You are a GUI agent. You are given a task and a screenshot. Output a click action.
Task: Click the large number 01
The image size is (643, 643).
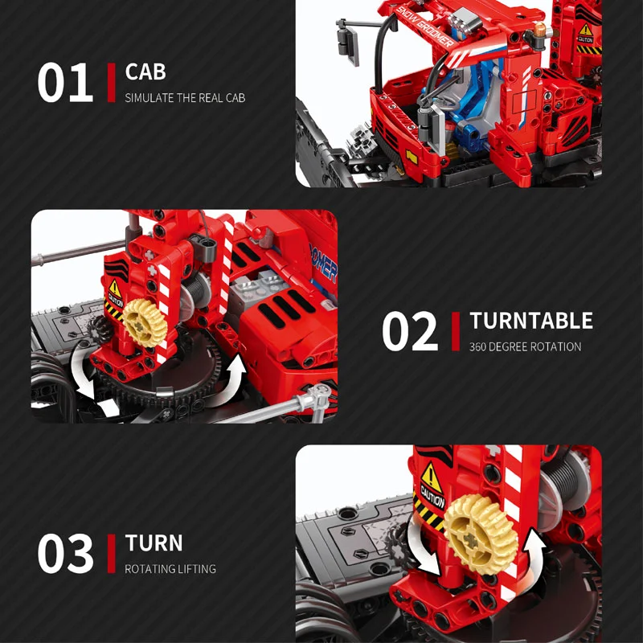[65, 83]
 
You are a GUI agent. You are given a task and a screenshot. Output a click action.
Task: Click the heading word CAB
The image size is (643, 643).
[145, 72]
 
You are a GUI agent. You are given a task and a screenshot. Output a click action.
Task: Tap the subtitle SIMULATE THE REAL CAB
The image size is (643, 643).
[185, 98]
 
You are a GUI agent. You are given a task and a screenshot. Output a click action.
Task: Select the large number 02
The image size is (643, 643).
[410, 331]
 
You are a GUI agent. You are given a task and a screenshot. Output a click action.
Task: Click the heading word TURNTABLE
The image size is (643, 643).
[531, 321]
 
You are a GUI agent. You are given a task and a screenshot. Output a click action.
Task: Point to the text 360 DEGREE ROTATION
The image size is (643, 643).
[525, 347]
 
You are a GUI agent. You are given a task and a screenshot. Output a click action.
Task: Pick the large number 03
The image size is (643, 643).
[65, 553]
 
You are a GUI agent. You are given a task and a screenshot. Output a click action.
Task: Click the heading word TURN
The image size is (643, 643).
[154, 543]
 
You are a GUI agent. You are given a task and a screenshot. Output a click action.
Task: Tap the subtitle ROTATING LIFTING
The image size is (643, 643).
[170, 569]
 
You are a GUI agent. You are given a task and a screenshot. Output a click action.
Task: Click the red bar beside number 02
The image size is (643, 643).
[456, 331]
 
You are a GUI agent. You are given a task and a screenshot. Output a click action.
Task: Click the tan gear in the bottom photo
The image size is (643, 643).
[481, 534]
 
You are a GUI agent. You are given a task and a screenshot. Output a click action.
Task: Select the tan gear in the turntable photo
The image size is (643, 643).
[145, 323]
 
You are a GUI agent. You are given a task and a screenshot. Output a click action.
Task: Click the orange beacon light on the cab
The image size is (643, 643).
[539, 30]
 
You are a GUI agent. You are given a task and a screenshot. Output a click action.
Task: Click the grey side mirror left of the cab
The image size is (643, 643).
[348, 42]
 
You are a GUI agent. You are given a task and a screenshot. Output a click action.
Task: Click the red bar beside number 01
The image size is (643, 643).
[111, 83]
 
